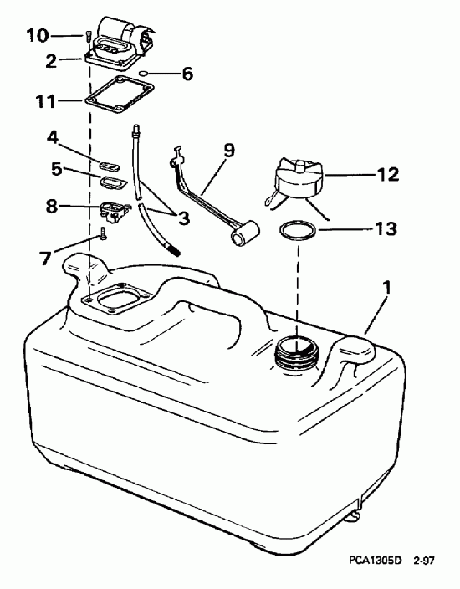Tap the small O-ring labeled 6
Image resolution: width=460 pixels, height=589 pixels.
click(x=145, y=74)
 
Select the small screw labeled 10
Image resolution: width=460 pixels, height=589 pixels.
click(x=87, y=36)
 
